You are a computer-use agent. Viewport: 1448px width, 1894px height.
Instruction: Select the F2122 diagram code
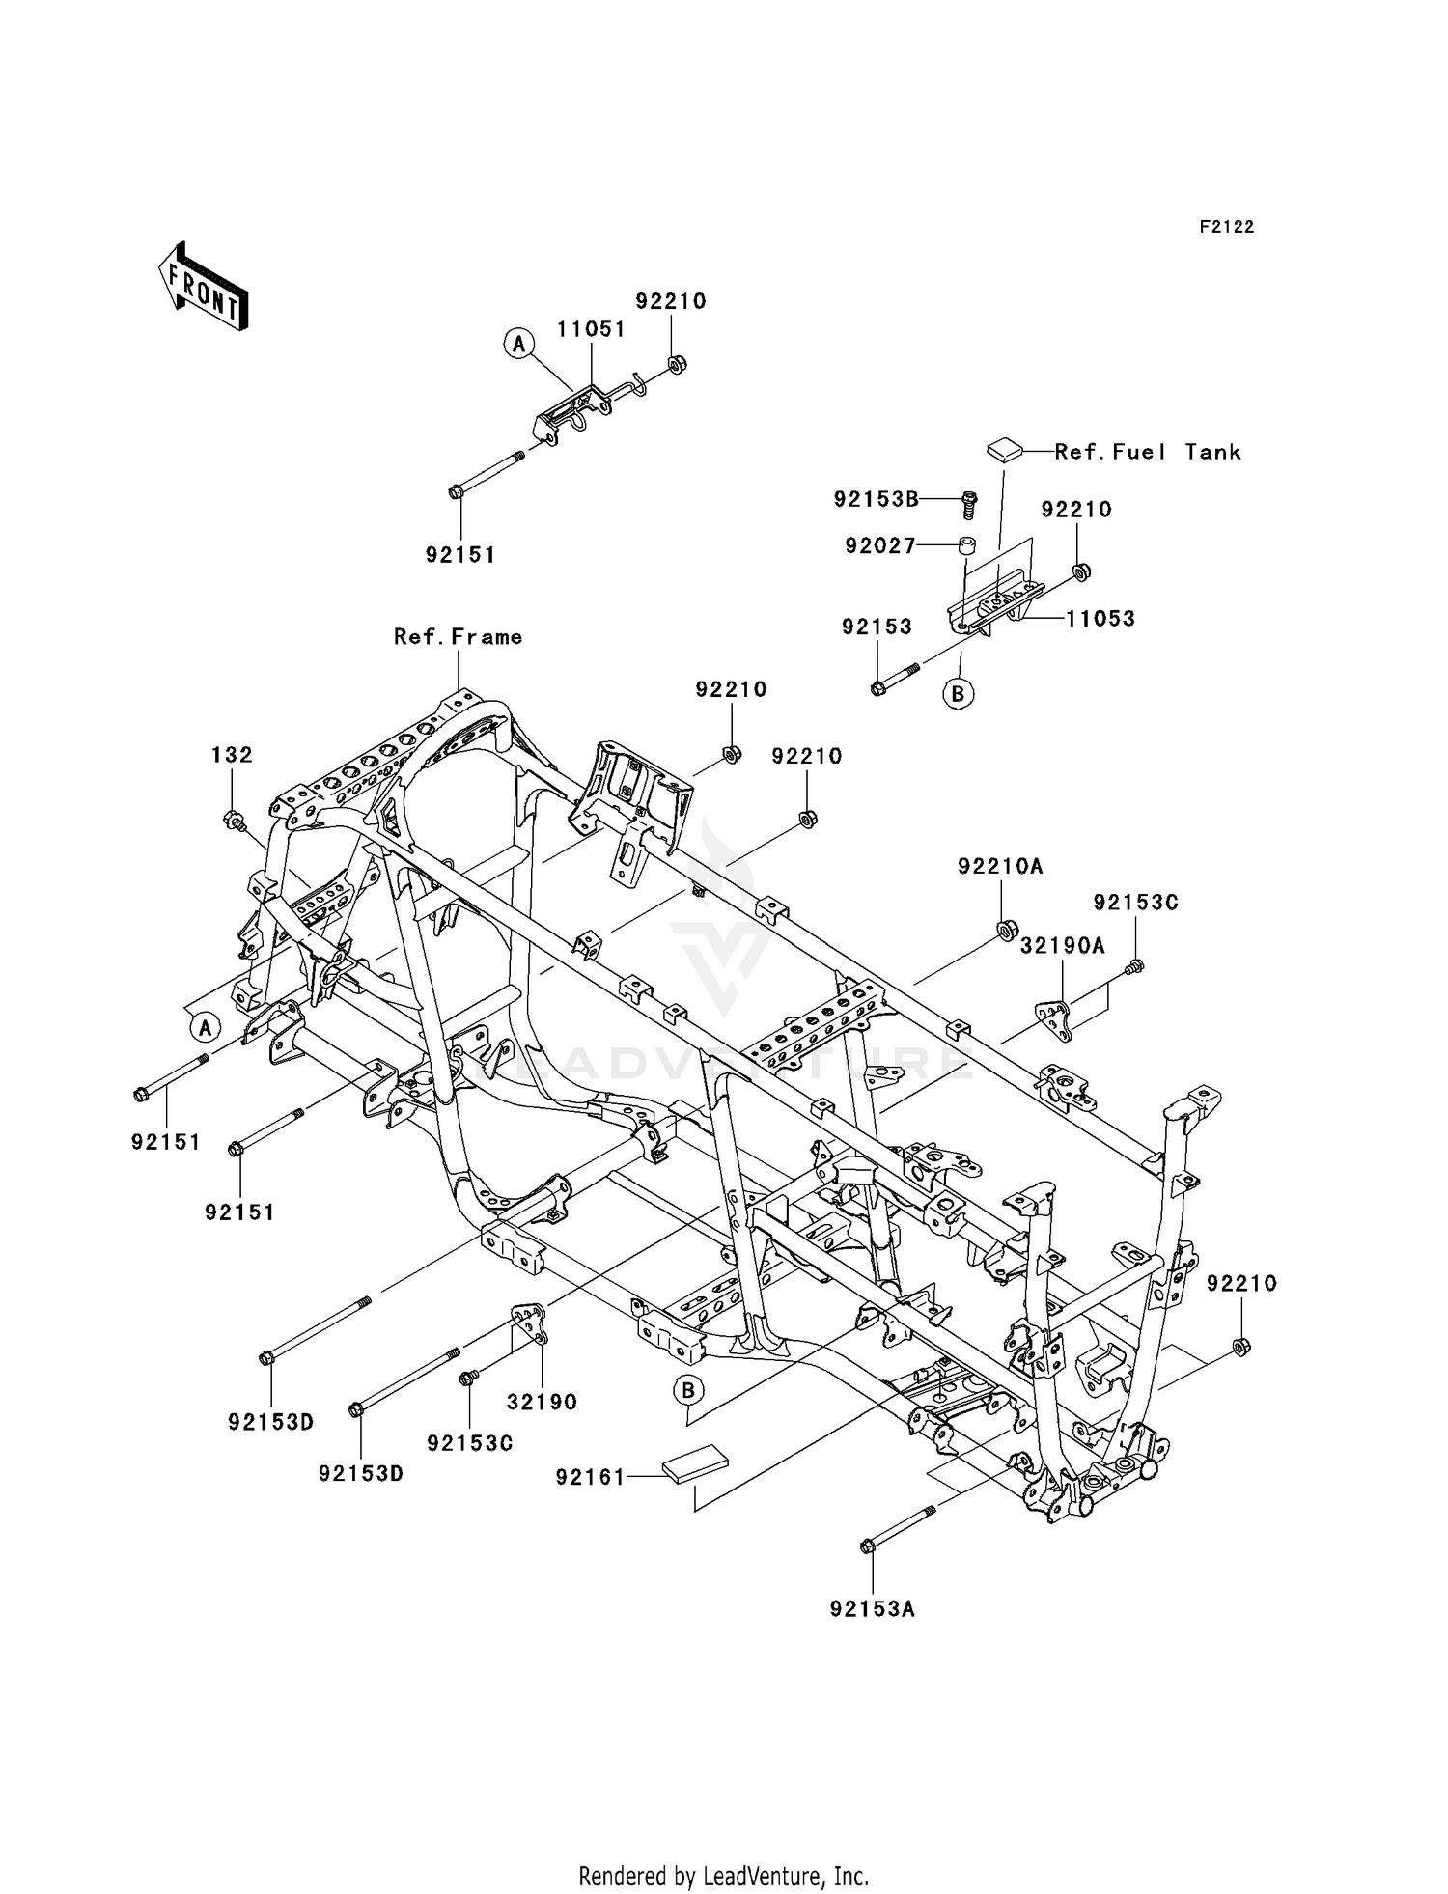(1226, 227)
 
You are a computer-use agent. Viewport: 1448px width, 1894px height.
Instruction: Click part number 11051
(591, 329)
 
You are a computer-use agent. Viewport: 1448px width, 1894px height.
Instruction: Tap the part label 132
(232, 755)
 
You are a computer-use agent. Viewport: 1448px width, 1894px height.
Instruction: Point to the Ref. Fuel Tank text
(1148, 452)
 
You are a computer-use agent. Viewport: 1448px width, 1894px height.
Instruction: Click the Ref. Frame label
(458, 637)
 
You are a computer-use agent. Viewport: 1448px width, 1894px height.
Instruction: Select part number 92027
(880, 546)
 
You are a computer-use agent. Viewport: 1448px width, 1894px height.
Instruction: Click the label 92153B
(876, 499)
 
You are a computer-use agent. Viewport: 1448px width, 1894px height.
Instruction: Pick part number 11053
(1100, 619)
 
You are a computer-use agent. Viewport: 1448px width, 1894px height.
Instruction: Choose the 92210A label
(1000, 867)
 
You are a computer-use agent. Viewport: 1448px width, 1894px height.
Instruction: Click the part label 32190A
(1062, 947)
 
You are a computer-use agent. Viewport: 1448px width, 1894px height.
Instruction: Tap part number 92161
(590, 1477)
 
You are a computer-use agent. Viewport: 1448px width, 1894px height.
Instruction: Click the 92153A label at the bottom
(872, 1609)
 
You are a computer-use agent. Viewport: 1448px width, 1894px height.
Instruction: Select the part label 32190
(542, 1402)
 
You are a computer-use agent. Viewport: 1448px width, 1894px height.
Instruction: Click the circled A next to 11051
(519, 344)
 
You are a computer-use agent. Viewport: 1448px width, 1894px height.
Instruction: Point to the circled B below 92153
(958, 693)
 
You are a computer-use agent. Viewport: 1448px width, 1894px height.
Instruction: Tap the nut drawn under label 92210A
(1004, 930)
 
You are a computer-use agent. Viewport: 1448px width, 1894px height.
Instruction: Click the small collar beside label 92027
(965, 546)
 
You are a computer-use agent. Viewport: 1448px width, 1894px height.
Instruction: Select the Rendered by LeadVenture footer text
(723, 1876)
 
